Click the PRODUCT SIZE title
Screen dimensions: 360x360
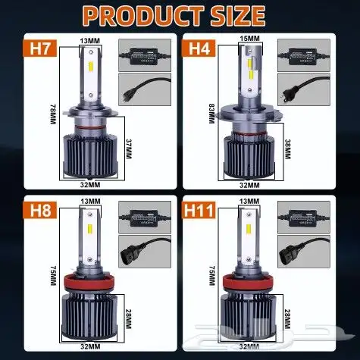(x=180, y=15)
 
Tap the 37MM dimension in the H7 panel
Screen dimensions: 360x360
(x=130, y=149)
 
